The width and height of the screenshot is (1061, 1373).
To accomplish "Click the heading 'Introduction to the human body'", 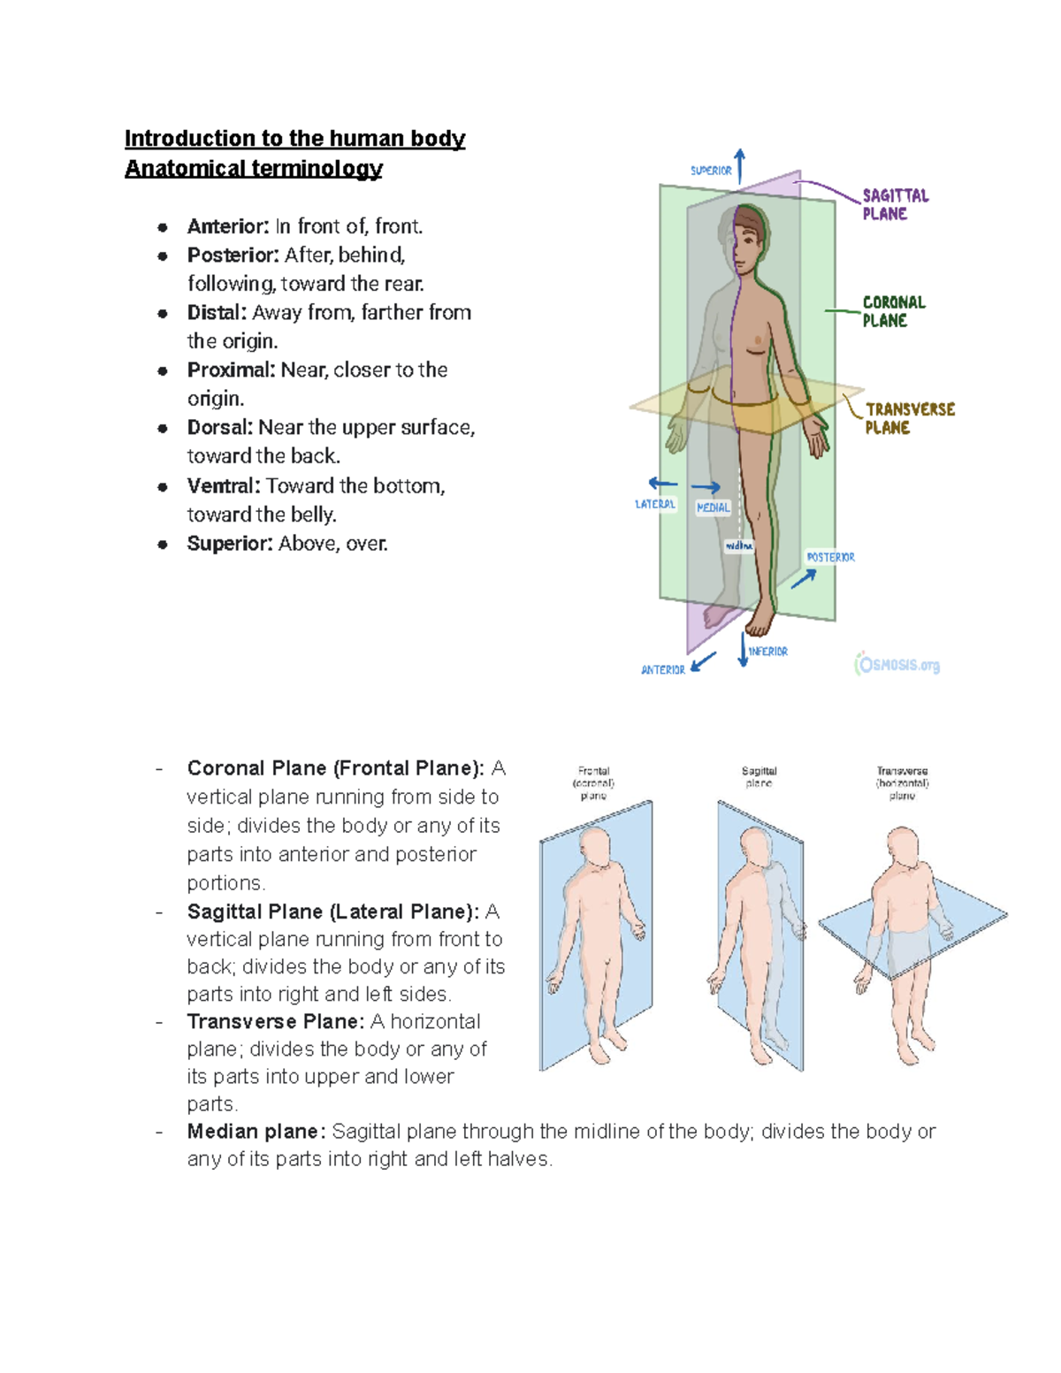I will click(x=294, y=139).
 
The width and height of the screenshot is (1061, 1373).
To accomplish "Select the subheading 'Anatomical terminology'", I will click(x=253, y=169).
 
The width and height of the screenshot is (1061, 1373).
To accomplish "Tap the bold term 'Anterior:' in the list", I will click(x=227, y=226).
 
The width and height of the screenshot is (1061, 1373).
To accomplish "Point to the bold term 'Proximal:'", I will click(x=231, y=370).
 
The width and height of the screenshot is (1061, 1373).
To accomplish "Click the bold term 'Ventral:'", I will click(x=224, y=485).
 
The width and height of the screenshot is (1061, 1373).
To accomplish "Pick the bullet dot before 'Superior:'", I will click(x=163, y=544).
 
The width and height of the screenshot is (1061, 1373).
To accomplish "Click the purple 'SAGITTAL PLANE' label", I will click(x=895, y=204).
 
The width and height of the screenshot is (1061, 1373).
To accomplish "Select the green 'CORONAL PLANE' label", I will click(x=893, y=311).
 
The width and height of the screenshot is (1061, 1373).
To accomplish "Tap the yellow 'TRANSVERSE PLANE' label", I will click(x=909, y=418).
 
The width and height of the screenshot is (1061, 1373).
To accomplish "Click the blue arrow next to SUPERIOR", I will click(x=740, y=165).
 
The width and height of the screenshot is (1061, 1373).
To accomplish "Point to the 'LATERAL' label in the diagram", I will click(x=654, y=504).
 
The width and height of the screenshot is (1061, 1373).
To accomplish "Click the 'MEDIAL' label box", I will click(x=713, y=507).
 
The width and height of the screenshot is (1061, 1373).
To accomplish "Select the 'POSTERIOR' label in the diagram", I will click(x=830, y=557).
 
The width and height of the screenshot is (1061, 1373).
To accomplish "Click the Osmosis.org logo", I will click(x=897, y=665).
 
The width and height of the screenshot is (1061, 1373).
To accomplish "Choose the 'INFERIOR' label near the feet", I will click(x=767, y=652).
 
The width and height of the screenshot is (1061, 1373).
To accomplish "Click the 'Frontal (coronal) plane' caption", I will click(x=593, y=783).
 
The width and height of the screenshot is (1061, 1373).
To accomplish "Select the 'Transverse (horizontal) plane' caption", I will click(x=902, y=783).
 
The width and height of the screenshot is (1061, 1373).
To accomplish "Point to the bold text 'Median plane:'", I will click(x=256, y=1132).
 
